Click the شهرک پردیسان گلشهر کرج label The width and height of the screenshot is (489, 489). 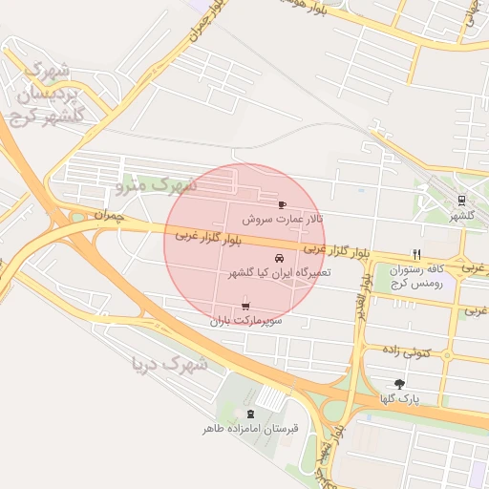click(53, 93)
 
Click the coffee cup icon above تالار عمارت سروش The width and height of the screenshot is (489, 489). click(281, 204)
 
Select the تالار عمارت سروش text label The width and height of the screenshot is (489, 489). click(281, 219)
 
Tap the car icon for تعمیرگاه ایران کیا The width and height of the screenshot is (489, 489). click(279, 259)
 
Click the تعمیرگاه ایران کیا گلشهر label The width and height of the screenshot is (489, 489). click(278, 273)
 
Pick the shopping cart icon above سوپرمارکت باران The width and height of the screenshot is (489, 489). click(246, 307)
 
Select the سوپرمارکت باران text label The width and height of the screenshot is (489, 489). click(246, 322)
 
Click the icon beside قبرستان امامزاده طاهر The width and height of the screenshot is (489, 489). click(250, 414)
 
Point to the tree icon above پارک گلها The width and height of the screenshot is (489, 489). click(399, 383)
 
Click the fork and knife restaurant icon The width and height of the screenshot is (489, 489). click(416, 254)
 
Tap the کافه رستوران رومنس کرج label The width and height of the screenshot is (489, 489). click(416, 277)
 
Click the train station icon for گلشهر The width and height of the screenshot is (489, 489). click(462, 201)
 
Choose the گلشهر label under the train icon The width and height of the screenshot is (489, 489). click(462, 216)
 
